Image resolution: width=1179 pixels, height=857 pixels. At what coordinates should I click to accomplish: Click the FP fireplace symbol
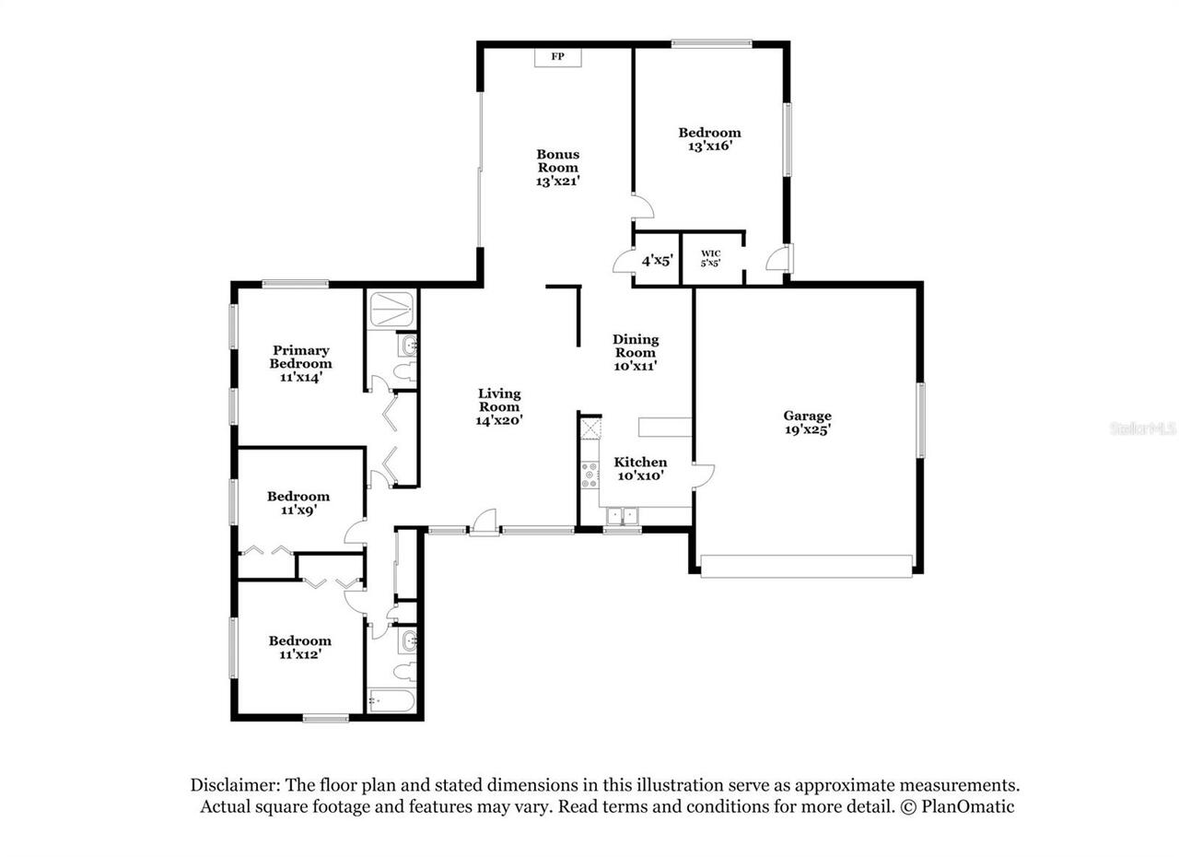coord(557,57)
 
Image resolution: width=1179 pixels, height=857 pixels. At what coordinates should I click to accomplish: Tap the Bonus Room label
coord(558,161)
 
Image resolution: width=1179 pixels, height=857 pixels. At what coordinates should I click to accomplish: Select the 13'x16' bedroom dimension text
coord(709,146)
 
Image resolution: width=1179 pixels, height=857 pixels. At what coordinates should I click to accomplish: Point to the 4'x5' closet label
coord(658,261)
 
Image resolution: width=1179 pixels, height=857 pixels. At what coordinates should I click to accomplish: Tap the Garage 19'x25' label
coord(807,422)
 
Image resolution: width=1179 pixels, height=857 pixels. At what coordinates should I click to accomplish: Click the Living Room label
coord(499,406)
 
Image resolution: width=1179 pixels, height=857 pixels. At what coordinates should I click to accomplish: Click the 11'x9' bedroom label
coord(298,502)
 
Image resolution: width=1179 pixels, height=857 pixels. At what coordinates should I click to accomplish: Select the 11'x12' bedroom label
coord(299,647)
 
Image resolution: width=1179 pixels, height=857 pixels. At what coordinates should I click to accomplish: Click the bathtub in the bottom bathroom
coord(391,701)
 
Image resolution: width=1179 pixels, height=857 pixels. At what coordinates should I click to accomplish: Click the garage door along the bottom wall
coord(806,566)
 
